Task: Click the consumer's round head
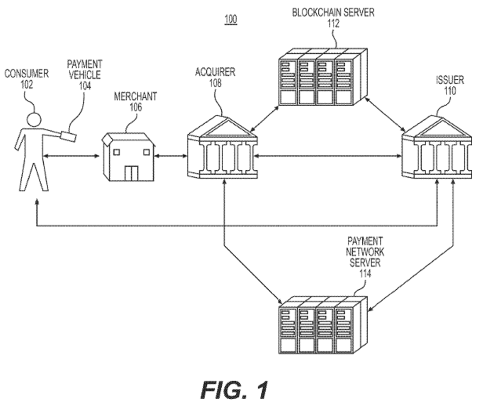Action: [33, 120]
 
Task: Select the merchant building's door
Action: [131, 173]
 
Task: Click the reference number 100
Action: [231, 19]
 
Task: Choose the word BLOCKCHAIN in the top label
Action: [313, 13]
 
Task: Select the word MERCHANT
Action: [135, 97]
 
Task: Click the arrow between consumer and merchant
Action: [72, 156]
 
